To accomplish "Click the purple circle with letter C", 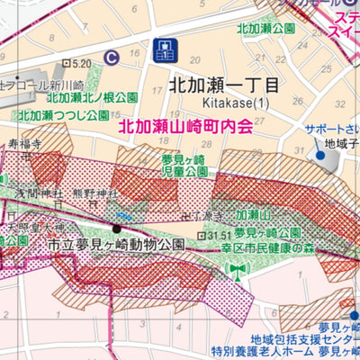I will tap(111, 57).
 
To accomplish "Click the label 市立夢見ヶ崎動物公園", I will tap(116, 244).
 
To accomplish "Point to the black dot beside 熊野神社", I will tap(115, 228).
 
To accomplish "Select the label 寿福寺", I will tap(26, 143).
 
